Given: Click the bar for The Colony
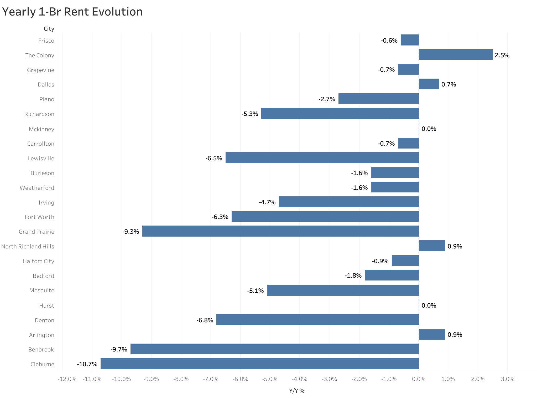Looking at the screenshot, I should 456,55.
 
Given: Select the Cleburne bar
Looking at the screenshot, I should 259,364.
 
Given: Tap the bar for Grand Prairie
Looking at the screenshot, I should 280,231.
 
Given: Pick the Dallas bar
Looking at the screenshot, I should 429,84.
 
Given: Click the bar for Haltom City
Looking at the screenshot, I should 405,261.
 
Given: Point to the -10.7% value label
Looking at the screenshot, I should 87,364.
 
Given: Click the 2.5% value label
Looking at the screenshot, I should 502,55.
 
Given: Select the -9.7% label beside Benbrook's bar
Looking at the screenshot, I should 119,349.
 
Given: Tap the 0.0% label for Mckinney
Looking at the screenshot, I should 429,129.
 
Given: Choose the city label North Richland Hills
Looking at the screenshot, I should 28,247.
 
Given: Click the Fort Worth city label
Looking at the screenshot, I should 39,217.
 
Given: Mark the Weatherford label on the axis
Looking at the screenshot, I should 37,188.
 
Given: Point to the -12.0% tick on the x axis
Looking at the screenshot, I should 67,379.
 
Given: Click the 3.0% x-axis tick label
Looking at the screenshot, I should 507,379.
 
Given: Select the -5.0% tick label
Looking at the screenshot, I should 270,379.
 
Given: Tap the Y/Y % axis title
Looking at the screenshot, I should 297,391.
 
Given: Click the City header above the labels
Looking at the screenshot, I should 49,29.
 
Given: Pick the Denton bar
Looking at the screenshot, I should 317,319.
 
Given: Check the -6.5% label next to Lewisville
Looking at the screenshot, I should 214,158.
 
